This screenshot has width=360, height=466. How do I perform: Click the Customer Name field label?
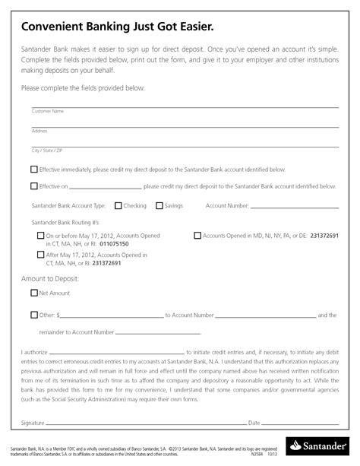click(x=47, y=112)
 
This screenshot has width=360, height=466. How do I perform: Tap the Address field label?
click(x=39, y=131)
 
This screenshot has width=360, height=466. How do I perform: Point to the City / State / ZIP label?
click(x=46, y=150)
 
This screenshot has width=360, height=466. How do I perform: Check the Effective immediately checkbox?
click(x=34, y=169)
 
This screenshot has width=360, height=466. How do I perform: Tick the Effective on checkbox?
click(x=34, y=185)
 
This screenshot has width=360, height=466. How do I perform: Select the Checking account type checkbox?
click(x=118, y=205)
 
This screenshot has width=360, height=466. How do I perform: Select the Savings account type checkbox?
click(x=159, y=205)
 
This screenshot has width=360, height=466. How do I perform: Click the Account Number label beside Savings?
click(x=227, y=205)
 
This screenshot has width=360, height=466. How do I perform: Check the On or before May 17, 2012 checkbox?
click(x=40, y=236)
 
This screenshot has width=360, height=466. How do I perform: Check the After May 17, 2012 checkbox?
click(x=40, y=255)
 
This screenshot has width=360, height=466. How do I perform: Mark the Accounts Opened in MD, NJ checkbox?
click(x=197, y=236)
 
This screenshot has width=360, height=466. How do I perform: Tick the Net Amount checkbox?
click(x=34, y=293)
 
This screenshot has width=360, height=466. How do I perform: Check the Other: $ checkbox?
click(x=34, y=315)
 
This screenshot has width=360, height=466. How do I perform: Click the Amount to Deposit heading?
click(x=50, y=279)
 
